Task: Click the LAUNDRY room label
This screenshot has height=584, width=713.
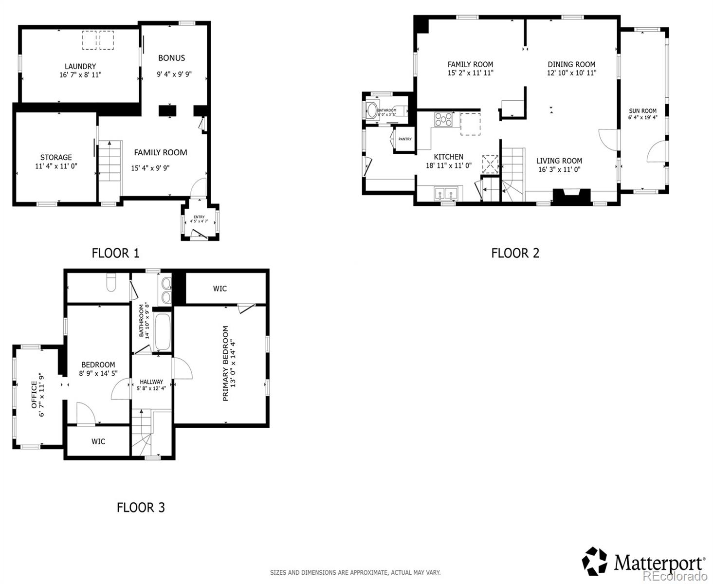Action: [x=80, y=66]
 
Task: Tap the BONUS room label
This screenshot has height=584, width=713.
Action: [x=171, y=58]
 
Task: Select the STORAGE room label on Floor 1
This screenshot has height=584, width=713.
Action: [x=56, y=157]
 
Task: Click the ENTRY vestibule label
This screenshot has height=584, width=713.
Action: [x=199, y=217]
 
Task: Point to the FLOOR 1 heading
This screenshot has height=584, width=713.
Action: [x=115, y=253]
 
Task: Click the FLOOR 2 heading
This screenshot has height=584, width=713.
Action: [x=515, y=253]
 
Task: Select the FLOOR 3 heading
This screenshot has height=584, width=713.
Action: [x=141, y=508]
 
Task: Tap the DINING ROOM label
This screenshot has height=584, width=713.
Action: [x=571, y=64]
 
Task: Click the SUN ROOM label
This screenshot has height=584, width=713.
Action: [x=642, y=111]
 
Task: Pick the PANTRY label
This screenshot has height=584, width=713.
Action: [x=405, y=139]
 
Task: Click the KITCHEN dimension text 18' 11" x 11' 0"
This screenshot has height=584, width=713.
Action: [x=449, y=165]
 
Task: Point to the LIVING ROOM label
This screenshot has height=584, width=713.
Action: [x=559, y=161]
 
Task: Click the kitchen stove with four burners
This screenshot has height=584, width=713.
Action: [x=443, y=119]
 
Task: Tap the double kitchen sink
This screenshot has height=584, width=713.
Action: [x=446, y=194]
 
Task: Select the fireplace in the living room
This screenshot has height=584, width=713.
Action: [x=571, y=197]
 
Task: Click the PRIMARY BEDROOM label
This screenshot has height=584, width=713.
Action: [x=225, y=363]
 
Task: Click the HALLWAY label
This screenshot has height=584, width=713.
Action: [x=151, y=382]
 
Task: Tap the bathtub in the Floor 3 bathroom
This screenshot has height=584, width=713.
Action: [x=162, y=331]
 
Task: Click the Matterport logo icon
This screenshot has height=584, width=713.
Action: [x=595, y=561]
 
